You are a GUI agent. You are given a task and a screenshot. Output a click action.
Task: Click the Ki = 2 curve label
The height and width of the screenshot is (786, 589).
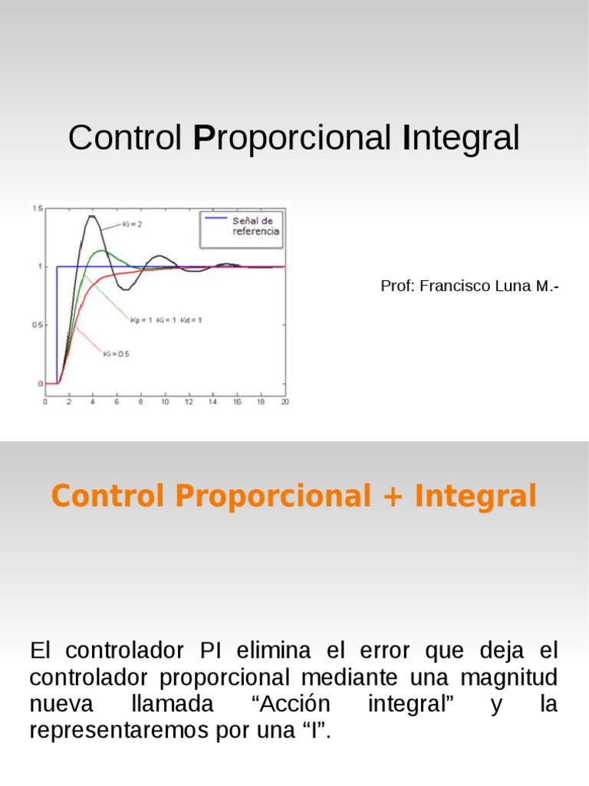click(x=133, y=224)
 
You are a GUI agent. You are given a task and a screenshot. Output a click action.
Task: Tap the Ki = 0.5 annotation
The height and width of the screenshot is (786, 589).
click(x=116, y=354)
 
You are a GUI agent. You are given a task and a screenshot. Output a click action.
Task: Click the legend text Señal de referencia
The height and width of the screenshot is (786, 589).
click(x=255, y=226)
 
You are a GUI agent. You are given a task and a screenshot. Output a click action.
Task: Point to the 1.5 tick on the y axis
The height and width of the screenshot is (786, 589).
click(x=37, y=208)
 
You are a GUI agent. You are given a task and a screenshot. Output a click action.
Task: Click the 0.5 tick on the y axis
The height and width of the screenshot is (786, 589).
click(x=37, y=325)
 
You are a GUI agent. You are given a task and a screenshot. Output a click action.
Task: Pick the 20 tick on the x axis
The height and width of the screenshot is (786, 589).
click(x=285, y=401)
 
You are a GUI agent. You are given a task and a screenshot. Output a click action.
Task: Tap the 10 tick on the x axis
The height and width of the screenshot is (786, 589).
click(x=164, y=401)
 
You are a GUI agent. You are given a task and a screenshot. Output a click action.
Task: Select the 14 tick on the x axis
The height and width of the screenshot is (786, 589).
click(x=212, y=401)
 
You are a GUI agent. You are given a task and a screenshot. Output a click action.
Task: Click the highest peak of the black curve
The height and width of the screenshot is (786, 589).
click(x=92, y=216)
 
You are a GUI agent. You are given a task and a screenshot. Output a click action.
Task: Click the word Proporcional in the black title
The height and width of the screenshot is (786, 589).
click(x=292, y=139)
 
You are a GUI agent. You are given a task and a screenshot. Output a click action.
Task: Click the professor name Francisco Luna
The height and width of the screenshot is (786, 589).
click(x=476, y=286)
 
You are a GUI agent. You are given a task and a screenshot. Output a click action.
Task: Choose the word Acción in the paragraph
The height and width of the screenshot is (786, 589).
click(x=291, y=704)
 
